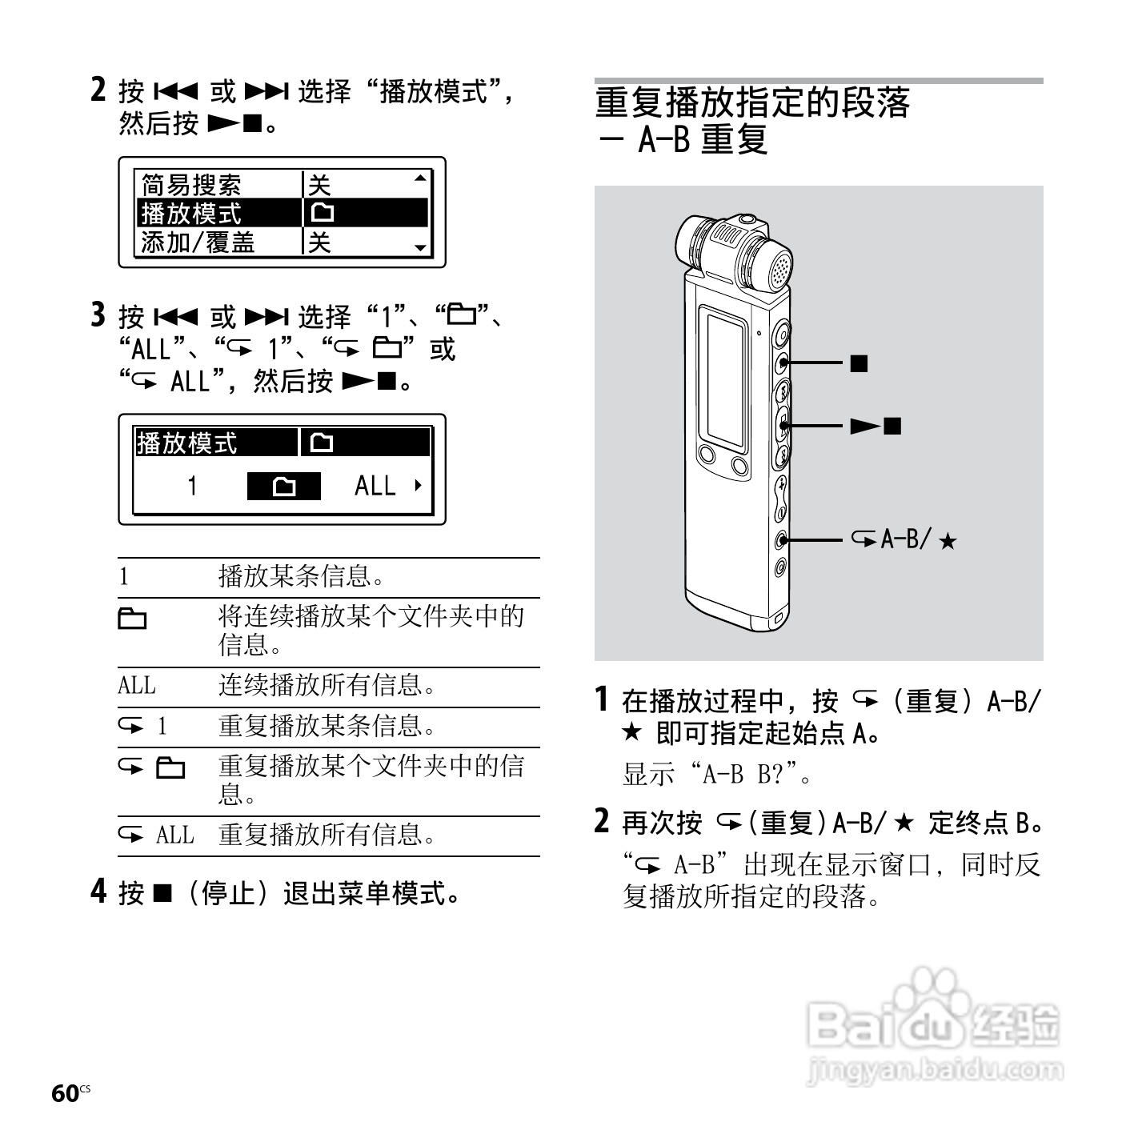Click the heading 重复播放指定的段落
point(752,102)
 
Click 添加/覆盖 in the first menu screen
point(198,242)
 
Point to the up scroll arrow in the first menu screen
point(420,178)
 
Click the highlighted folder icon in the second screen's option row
point(284,487)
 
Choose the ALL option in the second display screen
point(375,486)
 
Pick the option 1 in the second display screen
point(192,486)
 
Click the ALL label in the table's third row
point(137,686)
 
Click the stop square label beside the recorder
point(860,363)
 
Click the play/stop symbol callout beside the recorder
point(876,426)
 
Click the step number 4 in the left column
point(98,891)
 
